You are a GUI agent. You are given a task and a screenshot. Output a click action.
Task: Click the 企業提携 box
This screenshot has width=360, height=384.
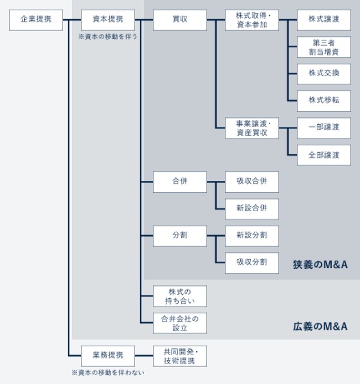[x=36, y=20]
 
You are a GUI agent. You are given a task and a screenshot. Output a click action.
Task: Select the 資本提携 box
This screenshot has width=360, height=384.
[x=108, y=20]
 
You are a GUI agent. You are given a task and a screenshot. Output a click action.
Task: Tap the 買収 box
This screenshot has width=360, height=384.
[x=180, y=20]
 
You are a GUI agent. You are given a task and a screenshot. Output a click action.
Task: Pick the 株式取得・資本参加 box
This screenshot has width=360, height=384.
[x=252, y=20]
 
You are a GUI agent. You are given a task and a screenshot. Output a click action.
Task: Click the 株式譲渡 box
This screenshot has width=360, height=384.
[x=324, y=20]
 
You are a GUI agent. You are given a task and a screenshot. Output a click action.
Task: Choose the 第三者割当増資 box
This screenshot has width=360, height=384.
[x=324, y=47]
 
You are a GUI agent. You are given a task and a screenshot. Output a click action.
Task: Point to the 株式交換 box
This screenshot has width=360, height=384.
[x=324, y=73]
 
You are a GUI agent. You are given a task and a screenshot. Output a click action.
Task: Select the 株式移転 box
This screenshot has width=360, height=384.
[x=324, y=100]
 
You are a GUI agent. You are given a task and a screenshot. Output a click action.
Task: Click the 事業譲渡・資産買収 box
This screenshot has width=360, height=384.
[x=252, y=128]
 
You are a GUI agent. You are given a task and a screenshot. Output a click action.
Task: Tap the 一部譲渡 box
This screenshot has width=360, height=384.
[x=324, y=128]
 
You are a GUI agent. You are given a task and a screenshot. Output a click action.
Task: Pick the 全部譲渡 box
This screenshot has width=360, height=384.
[x=324, y=154]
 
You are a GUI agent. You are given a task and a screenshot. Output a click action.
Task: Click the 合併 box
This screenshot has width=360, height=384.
[x=180, y=182]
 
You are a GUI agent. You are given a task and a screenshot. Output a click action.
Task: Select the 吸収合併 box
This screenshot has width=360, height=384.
[x=252, y=182]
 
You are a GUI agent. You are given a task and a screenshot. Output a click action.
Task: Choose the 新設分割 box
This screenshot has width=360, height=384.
[x=252, y=235]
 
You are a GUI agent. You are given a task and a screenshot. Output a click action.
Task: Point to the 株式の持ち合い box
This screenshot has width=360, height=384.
[x=180, y=296]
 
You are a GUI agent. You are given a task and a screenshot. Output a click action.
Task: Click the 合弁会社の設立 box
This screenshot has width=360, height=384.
[x=180, y=323]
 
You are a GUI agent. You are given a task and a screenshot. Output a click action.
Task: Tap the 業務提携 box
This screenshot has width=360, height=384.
[x=108, y=355]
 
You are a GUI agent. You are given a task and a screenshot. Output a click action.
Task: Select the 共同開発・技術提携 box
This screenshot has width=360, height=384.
[x=180, y=355]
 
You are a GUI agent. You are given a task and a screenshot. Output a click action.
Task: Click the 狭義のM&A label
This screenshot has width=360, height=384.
[x=320, y=264]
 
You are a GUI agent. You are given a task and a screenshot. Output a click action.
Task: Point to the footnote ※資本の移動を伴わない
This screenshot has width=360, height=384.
[x=108, y=372]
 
